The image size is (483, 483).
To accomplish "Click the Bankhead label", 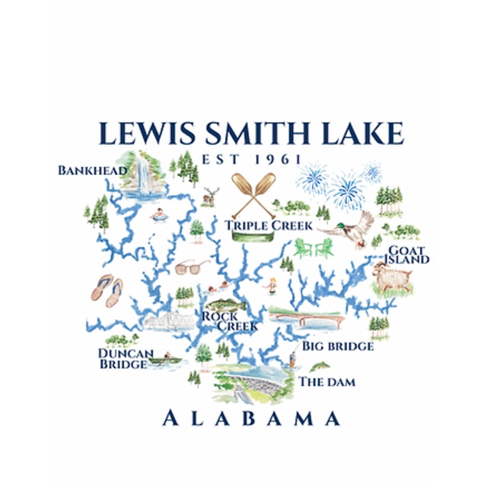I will [x=92, y=170].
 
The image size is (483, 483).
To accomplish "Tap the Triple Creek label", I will [x=269, y=226].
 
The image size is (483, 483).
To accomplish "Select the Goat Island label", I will [x=409, y=255].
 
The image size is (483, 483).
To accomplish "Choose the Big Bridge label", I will [x=337, y=346].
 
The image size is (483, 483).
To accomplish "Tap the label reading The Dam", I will [x=327, y=382].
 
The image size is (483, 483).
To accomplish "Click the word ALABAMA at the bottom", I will [x=251, y=418].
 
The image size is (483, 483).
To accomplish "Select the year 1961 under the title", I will [x=277, y=159].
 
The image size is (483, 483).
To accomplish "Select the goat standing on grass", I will [x=392, y=277].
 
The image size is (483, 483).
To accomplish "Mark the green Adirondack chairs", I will [x=313, y=248].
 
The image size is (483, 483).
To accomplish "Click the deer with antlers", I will [x=210, y=195].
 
